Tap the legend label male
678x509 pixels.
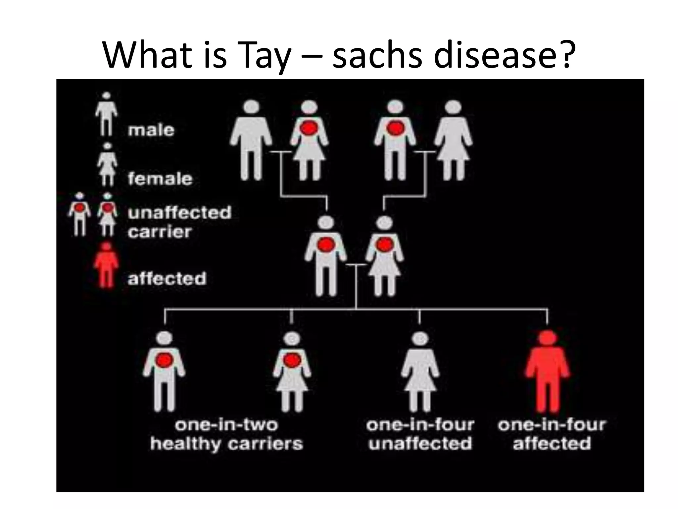pos(151,130)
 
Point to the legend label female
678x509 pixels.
pos(160,179)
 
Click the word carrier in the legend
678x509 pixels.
pos(160,232)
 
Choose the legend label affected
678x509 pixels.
pos(167,278)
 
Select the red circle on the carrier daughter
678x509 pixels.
pos(292,360)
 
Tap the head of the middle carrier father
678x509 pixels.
pos(326,223)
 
